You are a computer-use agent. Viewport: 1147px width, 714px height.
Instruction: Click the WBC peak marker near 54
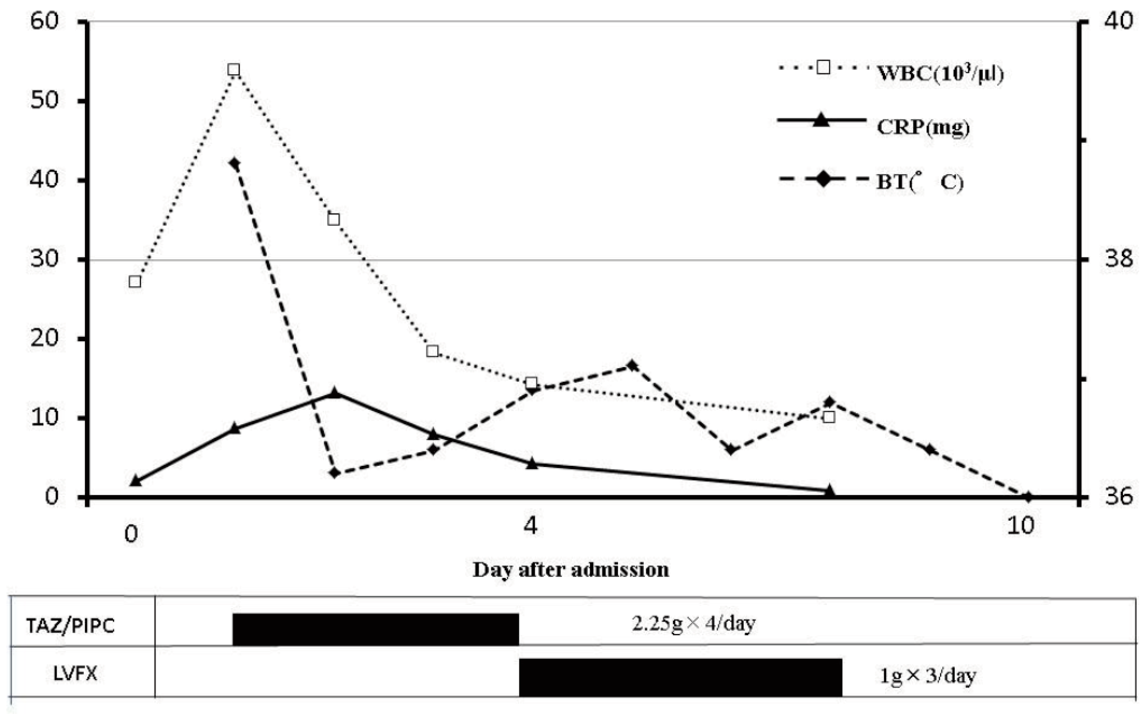click(233, 70)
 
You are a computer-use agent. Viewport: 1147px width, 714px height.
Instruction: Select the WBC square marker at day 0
click(135, 282)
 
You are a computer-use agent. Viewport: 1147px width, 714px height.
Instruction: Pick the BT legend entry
click(919, 182)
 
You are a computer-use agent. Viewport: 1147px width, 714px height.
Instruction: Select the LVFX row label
click(75, 674)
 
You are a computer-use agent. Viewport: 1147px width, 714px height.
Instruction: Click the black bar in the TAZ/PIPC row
click(376, 629)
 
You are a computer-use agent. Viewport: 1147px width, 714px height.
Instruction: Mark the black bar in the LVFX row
click(680, 677)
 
